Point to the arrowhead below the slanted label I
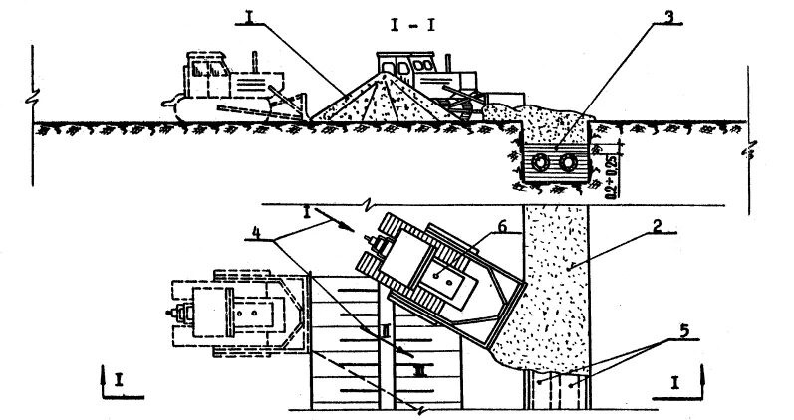348,228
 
